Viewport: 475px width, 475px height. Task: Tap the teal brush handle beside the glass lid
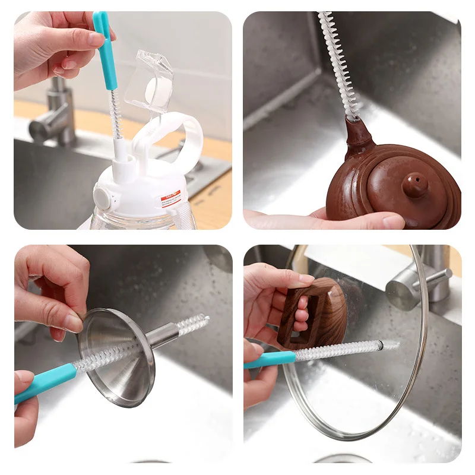(270, 359)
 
